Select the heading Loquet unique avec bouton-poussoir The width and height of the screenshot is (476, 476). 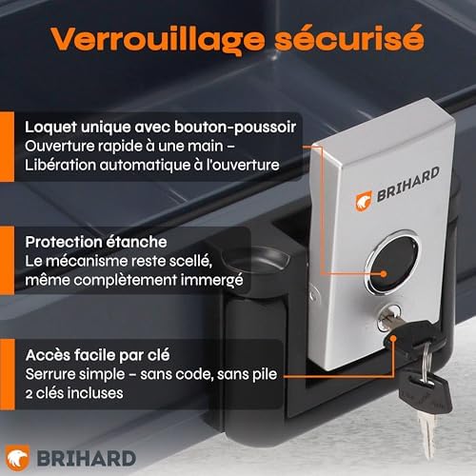click(x=161, y=128)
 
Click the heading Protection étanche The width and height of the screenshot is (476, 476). click(x=96, y=242)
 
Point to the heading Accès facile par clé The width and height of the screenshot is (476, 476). click(x=98, y=355)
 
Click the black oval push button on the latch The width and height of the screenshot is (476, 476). click(x=392, y=265)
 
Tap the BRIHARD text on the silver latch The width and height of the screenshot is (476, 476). click(x=408, y=184)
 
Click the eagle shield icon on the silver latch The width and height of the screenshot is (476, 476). click(x=364, y=201)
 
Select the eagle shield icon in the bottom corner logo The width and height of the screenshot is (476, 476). click(x=18, y=458)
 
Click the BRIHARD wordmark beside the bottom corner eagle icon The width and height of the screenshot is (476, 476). click(x=87, y=459)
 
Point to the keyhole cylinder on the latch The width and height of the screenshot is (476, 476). click(x=388, y=318)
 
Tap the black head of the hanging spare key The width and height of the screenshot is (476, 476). click(x=426, y=393)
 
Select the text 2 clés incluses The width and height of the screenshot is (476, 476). click(x=74, y=393)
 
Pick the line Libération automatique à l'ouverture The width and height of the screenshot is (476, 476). click(x=152, y=165)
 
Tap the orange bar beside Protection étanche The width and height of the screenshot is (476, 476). click(x=7, y=260)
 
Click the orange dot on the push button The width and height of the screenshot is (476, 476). click(x=384, y=273)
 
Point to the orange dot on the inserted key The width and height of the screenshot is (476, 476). click(x=393, y=338)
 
